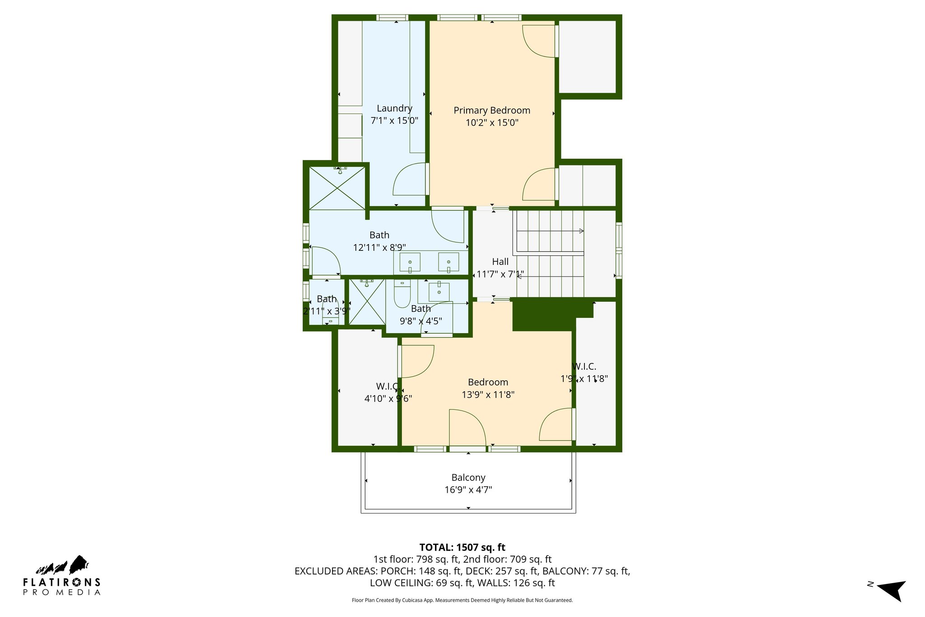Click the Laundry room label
click(394, 108)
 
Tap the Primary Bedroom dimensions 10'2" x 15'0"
click(492, 122)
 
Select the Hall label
click(500, 262)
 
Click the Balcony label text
click(468, 477)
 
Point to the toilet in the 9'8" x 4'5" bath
click(402, 295)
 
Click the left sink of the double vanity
click(410, 263)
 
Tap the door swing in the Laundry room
click(409, 179)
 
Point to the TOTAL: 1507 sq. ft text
click(462, 547)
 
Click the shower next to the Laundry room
click(337, 188)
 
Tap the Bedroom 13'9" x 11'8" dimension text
click(488, 395)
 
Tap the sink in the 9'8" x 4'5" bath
click(439, 292)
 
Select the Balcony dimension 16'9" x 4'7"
click(468, 490)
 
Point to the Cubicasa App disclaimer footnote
click(462, 600)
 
